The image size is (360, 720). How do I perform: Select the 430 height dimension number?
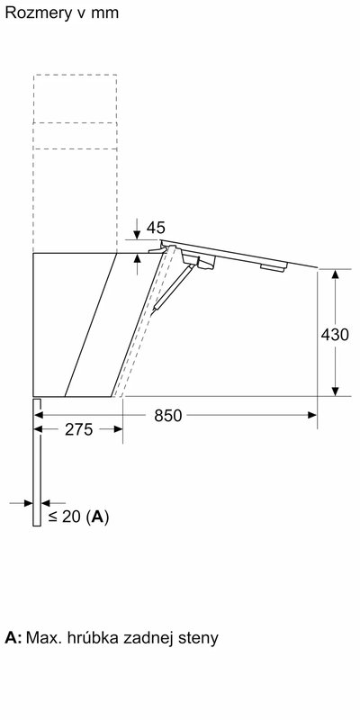[x=335, y=334]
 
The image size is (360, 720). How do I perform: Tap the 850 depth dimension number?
[x=167, y=415]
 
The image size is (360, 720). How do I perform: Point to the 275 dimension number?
[x=79, y=430]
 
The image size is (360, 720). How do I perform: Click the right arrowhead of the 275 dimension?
[x=119, y=430]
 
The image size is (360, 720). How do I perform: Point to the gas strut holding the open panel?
[x=170, y=288]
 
